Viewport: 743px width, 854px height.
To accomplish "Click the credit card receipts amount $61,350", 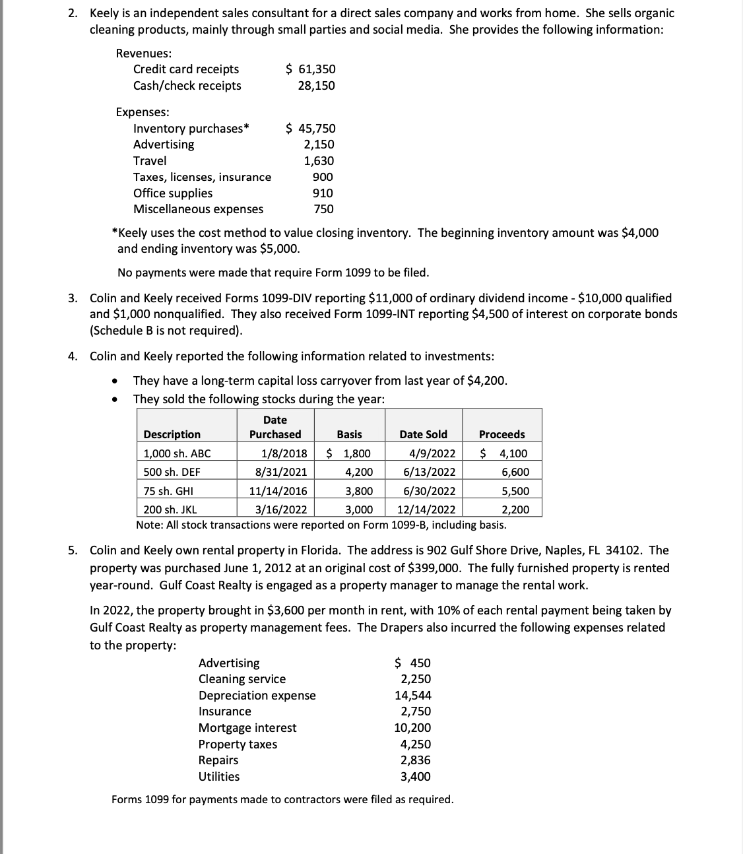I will pos(310,69).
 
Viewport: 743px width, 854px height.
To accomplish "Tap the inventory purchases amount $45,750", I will pos(310,129).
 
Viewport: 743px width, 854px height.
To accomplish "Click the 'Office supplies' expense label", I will pos(173,193).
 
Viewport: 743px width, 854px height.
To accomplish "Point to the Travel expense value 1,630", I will pos(319,161).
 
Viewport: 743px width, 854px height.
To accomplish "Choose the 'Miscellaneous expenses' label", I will pos(198,209).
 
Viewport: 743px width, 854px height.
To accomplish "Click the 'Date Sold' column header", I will pos(423,434).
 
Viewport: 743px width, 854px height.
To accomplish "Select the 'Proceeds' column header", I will pos(501,434).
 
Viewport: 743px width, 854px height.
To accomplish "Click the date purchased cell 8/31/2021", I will pos(281,472).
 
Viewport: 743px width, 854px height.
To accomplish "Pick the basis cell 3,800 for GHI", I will pos(359,491).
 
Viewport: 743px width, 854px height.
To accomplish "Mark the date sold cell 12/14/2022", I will pos(426,509).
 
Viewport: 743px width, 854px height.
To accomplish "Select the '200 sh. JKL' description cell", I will pos(170,509).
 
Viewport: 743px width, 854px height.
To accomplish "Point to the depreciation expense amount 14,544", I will pos(413,696).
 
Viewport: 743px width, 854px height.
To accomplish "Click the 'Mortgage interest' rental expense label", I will pos(247,728).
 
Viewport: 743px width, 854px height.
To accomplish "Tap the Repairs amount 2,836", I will pos(416,760).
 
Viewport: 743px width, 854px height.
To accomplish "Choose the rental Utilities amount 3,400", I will pos(416,777).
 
